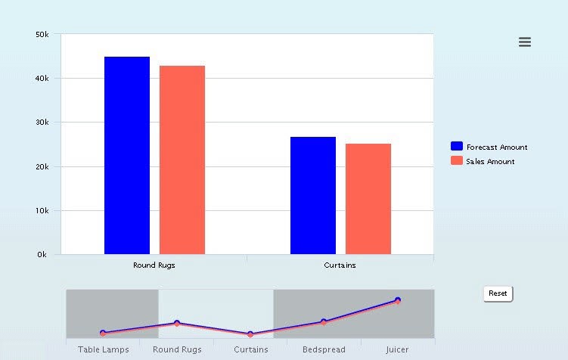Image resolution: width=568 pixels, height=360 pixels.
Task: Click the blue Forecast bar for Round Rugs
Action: [x=127, y=155]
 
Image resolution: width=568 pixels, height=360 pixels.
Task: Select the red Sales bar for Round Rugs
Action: [x=182, y=160]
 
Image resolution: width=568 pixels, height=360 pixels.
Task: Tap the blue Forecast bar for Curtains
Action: [x=313, y=195]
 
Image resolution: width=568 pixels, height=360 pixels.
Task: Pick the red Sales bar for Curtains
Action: [x=368, y=199]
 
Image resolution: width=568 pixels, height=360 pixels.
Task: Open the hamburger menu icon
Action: [x=525, y=42]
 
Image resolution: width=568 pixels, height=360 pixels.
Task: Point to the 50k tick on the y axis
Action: [x=42, y=35]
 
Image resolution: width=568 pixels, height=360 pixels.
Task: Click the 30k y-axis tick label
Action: [x=42, y=123]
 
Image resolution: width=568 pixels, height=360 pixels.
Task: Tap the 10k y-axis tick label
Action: [x=42, y=210]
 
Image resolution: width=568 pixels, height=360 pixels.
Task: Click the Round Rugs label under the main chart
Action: [x=154, y=265]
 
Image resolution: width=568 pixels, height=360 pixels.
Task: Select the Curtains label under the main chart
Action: [x=340, y=265]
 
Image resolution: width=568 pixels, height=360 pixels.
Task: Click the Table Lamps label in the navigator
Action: [x=104, y=349]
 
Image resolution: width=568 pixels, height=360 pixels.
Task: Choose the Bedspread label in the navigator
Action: [x=324, y=349]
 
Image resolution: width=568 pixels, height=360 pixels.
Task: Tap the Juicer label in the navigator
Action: [x=397, y=349]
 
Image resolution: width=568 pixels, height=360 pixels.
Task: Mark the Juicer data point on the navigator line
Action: [x=397, y=301]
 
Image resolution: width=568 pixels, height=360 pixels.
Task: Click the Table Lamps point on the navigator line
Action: [x=103, y=333]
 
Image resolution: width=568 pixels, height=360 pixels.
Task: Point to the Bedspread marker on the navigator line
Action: [x=323, y=322]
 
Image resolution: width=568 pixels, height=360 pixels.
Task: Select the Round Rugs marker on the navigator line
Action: [x=177, y=324]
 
